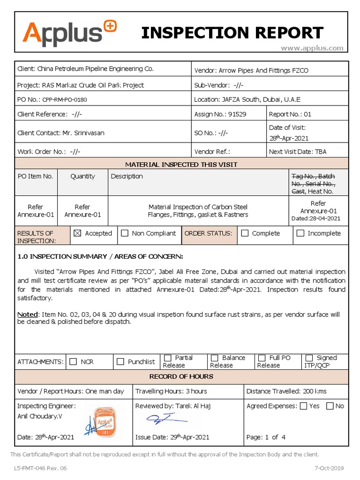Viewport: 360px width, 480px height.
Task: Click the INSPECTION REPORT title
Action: tap(232, 33)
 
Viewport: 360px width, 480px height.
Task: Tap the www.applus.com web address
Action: tap(312, 48)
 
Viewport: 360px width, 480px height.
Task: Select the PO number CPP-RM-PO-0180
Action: tap(65, 100)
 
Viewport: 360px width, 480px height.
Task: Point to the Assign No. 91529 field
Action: tap(220, 114)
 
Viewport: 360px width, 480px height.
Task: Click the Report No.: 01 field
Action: tap(290, 114)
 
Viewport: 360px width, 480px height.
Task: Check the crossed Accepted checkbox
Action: tap(77, 233)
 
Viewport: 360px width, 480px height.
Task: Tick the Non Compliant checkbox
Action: tap(124, 233)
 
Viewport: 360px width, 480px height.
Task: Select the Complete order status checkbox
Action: tap(245, 233)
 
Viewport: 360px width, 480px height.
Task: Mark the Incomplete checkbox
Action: tap(300, 233)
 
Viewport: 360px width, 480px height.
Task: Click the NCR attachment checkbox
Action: tap(73, 361)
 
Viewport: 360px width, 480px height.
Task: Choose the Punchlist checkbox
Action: tap(120, 361)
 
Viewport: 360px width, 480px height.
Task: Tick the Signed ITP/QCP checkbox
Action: tap(309, 358)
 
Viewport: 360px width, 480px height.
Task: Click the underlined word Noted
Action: tap(27, 314)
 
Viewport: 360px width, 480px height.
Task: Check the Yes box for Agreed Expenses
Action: tap(303, 406)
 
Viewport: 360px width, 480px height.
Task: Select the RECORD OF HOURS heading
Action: tap(181, 376)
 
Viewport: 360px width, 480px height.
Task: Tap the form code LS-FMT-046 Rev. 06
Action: tap(40, 468)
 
